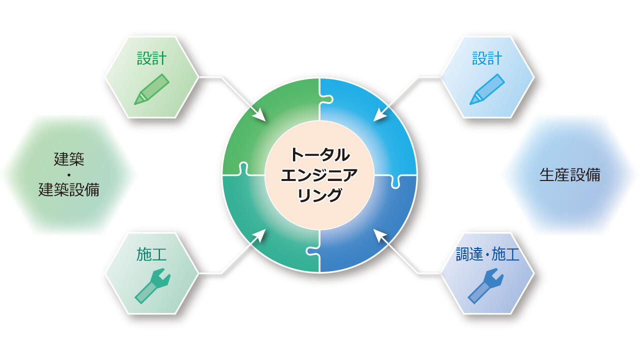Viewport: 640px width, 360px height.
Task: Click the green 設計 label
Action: (151, 58)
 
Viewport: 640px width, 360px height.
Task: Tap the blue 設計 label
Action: (487, 58)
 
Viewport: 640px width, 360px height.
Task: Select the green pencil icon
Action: (151, 89)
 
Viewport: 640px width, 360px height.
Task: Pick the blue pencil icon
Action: (487, 89)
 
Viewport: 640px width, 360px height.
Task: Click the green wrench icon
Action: (152, 285)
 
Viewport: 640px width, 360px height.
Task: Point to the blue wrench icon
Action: (485, 285)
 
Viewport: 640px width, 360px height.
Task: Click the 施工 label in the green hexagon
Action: (151, 254)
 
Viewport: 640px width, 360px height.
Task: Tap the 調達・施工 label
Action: (487, 254)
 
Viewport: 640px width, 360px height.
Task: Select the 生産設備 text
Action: (569, 175)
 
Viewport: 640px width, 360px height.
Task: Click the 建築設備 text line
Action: (69, 189)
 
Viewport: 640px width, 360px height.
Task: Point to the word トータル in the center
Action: (320, 155)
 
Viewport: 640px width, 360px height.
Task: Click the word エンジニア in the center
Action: (319, 175)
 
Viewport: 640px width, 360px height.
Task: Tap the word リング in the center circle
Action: (319, 195)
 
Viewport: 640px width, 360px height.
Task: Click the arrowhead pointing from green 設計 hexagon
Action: (260, 115)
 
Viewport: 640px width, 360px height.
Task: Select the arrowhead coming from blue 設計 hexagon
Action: (380, 115)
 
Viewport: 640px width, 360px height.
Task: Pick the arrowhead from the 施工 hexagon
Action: (260, 235)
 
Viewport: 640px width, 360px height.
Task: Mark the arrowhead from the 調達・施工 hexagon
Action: (379, 235)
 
